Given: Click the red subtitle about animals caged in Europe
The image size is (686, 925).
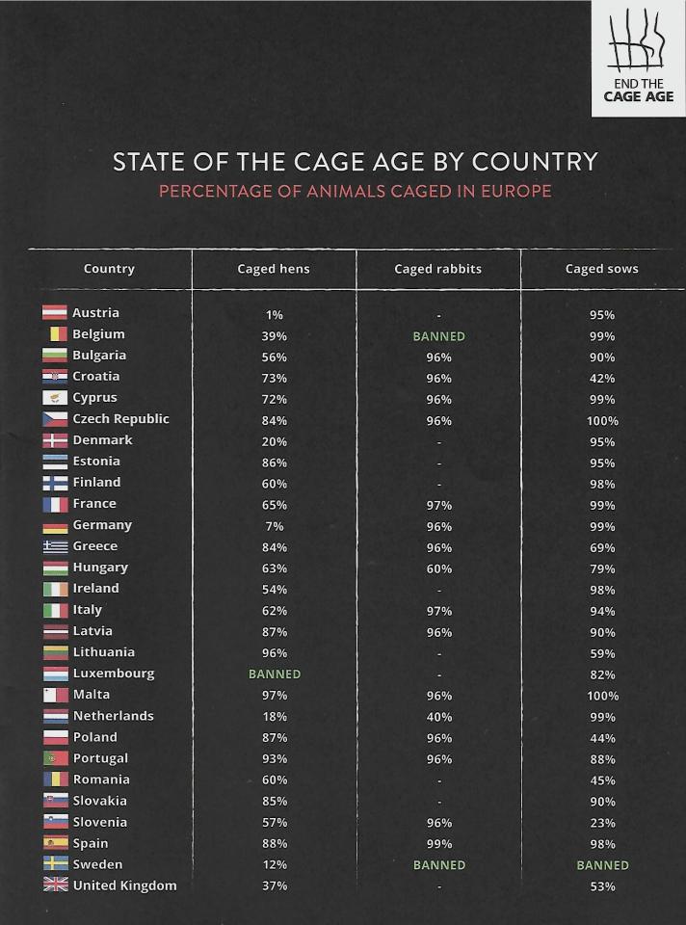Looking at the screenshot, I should pyautogui.click(x=355, y=191).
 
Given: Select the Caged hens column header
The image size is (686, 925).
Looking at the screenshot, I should pyautogui.click(x=274, y=269).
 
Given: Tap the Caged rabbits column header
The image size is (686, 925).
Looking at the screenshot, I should pyautogui.click(x=437, y=269).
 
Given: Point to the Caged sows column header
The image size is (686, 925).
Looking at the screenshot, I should pyautogui.click(x=601, y=269).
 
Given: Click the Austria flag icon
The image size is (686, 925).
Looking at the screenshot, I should pyautogui.click(x=55, y=313).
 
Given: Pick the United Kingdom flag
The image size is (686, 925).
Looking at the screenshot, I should pyautogui.click(x=55, y=885).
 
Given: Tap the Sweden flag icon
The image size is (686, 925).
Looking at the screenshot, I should pyautogui.click(x=55, y=864).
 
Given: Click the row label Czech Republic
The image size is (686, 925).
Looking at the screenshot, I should pyautogui.click(x=120, y=419).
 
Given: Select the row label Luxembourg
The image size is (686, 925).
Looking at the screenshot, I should pyautogui.click(x=113, y=674).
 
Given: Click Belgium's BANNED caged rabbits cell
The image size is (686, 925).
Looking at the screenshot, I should pyautogui.click(x=438, y=336).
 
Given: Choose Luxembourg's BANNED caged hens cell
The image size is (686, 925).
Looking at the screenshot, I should pyautogui.click(x=275, y=674).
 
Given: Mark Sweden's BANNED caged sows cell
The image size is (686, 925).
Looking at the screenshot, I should pyautogui.click(x=602, y=865).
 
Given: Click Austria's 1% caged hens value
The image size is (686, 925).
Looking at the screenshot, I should pyautogui.click(x=275, y=315).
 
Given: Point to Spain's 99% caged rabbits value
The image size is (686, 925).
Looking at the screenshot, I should pyautogui.click(x=438, y=844).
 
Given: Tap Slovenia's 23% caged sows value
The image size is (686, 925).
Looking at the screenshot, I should pyautogui.click(x=602, y=823).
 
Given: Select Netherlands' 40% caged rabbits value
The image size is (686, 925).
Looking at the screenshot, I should pyautogui.click(x=438, y=717).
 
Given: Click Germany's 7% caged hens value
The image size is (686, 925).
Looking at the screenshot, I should pyautogui.click(x=275, y=527).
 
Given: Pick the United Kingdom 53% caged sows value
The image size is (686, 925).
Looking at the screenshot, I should pyautogui.click(x=602, y=886).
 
